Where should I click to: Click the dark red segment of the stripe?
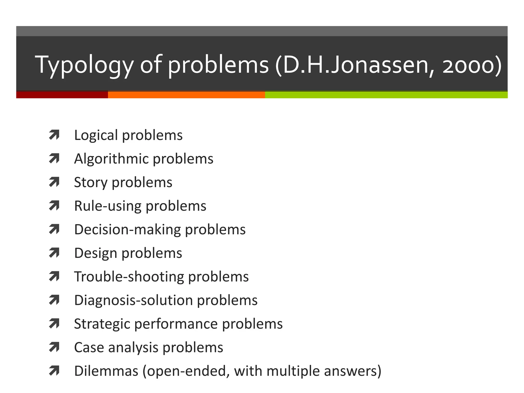pyautogui.click(x=62, y=95)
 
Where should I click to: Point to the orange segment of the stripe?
pyautogui.click(x=186, y=95)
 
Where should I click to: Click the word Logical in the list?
pyautogui.click(x=96, y=135)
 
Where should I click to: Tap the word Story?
pyautogui.click(x=91, y=182)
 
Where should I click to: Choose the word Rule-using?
pyautogui.click(x=108, y=206)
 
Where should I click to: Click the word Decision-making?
pyautogui.click(x=127, y=230)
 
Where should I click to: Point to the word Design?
pyautogui.click(x=96, y=253)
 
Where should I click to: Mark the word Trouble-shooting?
pyautogui.click(x=129, y=277)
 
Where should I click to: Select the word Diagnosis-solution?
pyautogui.click(x=133, y=300)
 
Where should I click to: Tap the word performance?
pyautogui.click(x=176, y=324)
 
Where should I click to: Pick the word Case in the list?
pyautogui.click(x=89, y=347)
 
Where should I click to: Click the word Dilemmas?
pyautogui.click(x=106, y=371)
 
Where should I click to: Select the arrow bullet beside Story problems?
pyautogui.click(x=54, y=182)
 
